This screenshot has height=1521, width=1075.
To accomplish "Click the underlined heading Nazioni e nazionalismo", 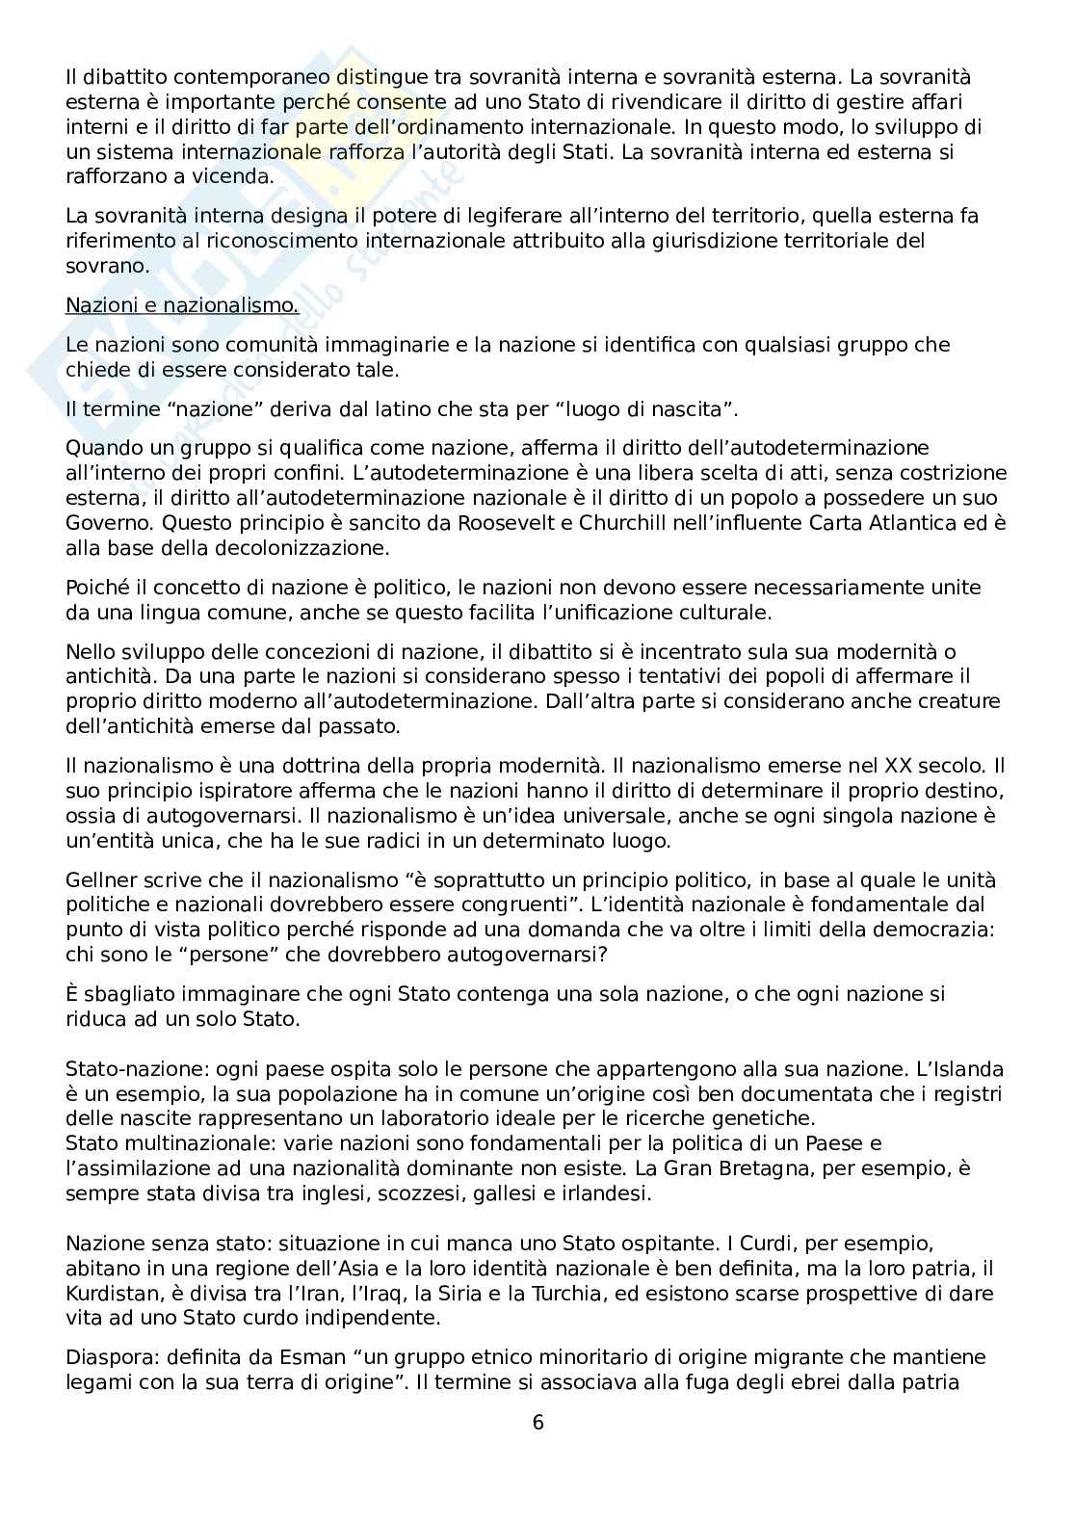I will pyautogui.click(x=182, y=306).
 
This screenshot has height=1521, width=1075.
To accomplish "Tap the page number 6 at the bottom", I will pyautogui.click(x=537, y=1422).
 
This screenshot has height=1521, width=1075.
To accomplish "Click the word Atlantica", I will pyautogui.click(x=918, y=523).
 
